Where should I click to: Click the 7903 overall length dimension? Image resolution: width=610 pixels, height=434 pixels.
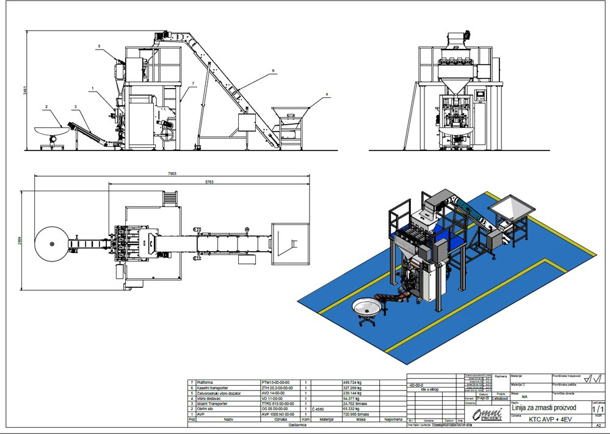click(172, 174)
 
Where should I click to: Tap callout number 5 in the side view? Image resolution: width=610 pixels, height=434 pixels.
click(98, 46)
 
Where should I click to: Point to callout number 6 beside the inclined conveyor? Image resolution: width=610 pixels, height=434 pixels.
click(273, 71)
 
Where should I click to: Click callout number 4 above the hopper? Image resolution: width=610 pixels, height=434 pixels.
click(327, 94)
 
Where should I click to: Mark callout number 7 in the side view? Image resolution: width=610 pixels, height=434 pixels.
click(192, 83)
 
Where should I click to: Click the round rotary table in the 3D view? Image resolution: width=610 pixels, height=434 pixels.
click(368, 306)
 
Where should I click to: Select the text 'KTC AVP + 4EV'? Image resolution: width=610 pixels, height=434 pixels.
click(550, 419)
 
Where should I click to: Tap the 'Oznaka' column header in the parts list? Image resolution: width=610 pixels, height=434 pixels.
click(280, 420)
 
